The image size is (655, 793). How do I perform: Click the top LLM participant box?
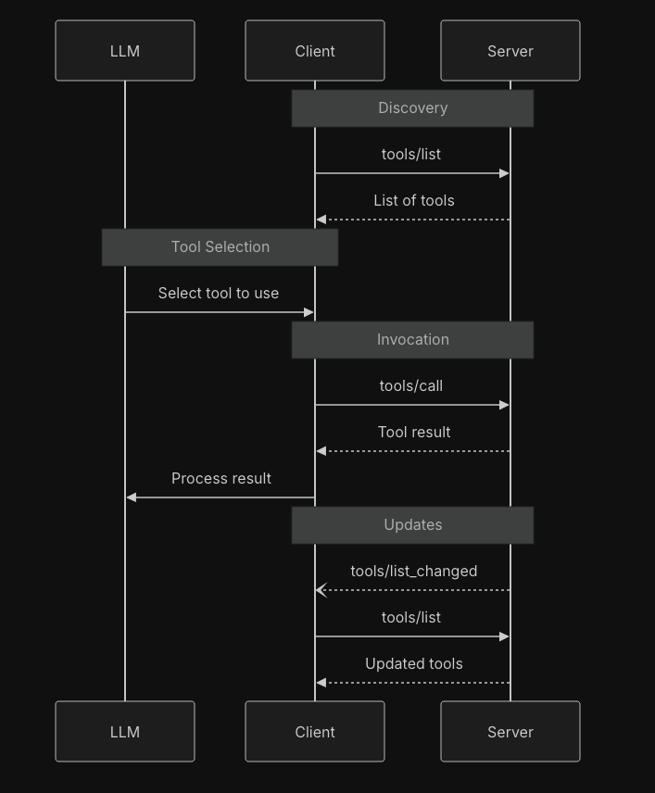point(125,51)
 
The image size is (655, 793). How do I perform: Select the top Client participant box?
point(315,51)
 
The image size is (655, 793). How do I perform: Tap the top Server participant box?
point(510,51)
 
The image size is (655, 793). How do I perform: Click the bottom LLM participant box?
point(125,732)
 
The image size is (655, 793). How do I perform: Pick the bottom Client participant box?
point(315,732)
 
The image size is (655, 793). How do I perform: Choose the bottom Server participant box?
point(510,732)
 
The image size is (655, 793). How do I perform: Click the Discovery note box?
point(412,108)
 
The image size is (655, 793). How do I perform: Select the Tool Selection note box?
point(220,247)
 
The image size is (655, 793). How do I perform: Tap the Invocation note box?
point(412,340)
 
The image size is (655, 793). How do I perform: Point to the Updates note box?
point(412,525)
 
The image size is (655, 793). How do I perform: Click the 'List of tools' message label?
point(413,200)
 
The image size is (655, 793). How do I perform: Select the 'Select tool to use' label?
point(218,293)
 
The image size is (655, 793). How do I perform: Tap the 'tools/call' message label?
point(410,385)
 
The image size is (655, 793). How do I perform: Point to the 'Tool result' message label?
point(414,432)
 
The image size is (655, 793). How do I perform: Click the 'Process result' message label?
point(220,478)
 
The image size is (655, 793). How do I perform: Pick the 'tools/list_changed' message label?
point(413,571)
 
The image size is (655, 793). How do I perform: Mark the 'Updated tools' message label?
point(413,663)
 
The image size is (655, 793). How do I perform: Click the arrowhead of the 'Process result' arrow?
point(132,497)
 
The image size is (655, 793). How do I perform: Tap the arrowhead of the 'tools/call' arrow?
point(504,405)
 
